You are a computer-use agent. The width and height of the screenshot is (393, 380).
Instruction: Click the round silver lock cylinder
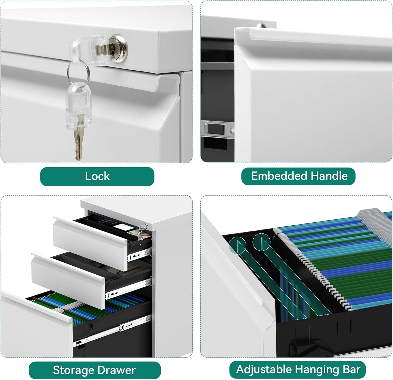coord(118,49)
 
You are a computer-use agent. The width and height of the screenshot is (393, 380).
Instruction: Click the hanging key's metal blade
coord(79,137)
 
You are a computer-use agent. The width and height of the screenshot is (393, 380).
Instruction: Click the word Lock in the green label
coord(97,176)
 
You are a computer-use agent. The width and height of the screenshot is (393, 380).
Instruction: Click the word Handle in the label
coord(329,176)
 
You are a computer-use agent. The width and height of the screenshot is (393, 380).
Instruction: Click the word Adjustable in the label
coord(264,370)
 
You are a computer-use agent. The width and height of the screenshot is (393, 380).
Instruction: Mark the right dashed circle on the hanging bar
coord(262,242)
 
